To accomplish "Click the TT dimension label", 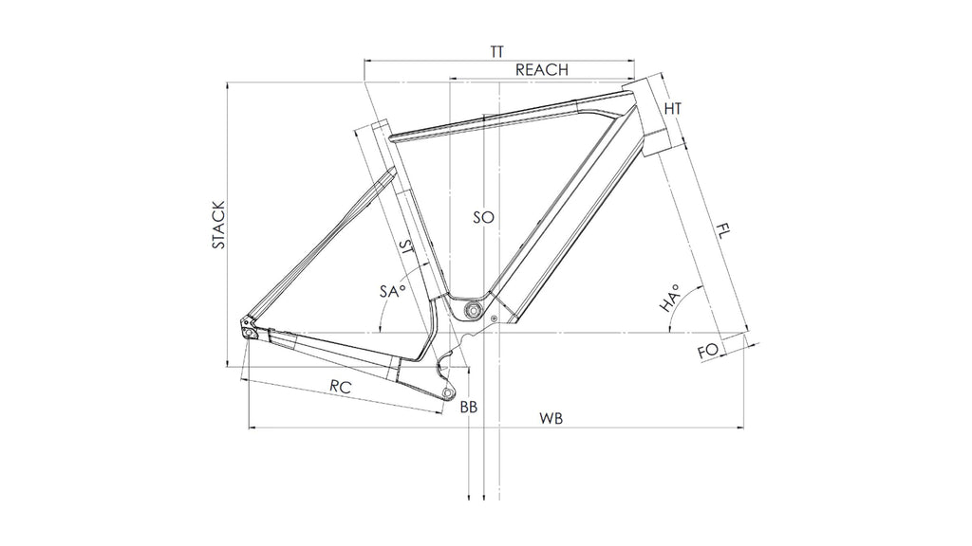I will (x=496, y=51).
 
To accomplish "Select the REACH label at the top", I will (x=541, y=70).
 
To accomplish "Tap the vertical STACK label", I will (x=218, y=225).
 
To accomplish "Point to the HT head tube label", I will (x=672, y=109).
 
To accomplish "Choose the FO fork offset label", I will (x=707, y=352).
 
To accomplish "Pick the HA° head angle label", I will (x=669, y=299).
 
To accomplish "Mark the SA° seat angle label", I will (x=392, y=292).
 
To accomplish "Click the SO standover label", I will (x=483, y=217).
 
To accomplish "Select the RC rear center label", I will (x=343, y=386).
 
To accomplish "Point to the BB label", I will (x=468, y=408).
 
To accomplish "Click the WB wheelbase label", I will (x=551, y=418).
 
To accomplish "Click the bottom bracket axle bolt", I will (x=472, y=311).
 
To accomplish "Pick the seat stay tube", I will (x=323, y=246).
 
